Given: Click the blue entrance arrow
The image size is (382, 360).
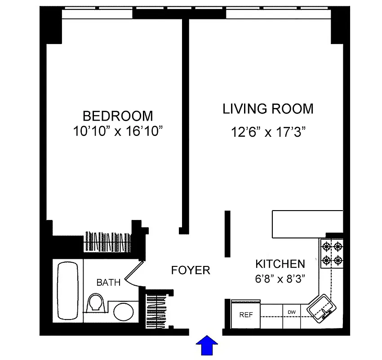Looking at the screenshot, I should coord(207,347).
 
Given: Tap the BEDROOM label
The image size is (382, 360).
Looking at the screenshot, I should coord(118,116).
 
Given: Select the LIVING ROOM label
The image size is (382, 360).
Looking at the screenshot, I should coord(268,109).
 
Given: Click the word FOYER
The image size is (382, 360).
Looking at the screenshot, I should coord(191,270).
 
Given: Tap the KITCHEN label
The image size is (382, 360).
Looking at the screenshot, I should coord(280,264).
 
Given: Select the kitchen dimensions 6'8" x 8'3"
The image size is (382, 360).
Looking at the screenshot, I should coord(280,279).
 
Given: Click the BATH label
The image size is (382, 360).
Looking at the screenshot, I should coord(108,283).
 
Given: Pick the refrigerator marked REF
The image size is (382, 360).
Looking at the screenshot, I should coord(246,315).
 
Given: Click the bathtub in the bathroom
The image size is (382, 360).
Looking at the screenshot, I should coord(68,290).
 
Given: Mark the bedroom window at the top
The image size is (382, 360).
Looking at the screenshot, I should coord(97,14).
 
